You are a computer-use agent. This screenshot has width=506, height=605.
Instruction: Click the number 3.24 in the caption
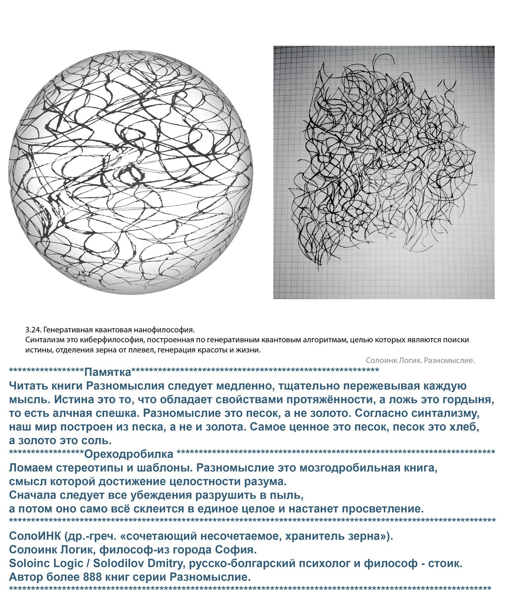pos(33,330)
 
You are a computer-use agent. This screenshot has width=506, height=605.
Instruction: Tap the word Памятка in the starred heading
pos(108,372)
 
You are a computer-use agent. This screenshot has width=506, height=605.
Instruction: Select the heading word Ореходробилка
pos(128,454)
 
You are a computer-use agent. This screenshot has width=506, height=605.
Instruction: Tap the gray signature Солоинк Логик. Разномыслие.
pos(420,360)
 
